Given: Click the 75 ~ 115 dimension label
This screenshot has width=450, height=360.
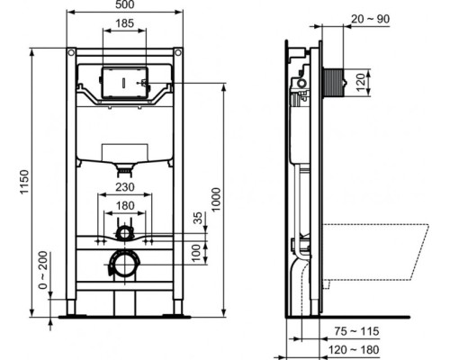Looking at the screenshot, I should (359, 331).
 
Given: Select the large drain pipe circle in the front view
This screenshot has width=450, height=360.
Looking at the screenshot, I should (123, 265).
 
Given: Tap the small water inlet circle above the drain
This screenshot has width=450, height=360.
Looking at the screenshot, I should (124, 234).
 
